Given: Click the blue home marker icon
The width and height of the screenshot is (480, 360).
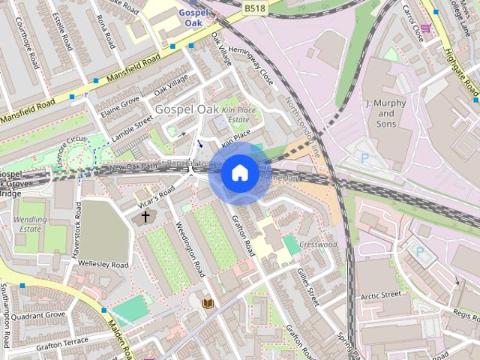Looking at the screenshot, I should tap(239, 173).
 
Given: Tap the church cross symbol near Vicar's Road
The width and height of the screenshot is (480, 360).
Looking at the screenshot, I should tap(145, 217).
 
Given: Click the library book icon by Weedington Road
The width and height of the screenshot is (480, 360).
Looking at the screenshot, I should tap(208, 303).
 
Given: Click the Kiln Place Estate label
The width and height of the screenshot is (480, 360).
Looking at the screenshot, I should tap(238, 115).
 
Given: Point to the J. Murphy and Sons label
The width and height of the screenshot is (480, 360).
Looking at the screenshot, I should tap(385, 112).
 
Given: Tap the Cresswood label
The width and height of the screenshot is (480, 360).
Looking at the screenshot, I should tap(318, 244).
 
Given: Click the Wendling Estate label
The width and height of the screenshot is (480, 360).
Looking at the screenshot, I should tap(30, 226).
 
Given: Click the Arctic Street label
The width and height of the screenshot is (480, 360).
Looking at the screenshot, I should tap(380, 295).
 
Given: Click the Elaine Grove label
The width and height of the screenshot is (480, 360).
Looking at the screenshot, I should tap(119, 106).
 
